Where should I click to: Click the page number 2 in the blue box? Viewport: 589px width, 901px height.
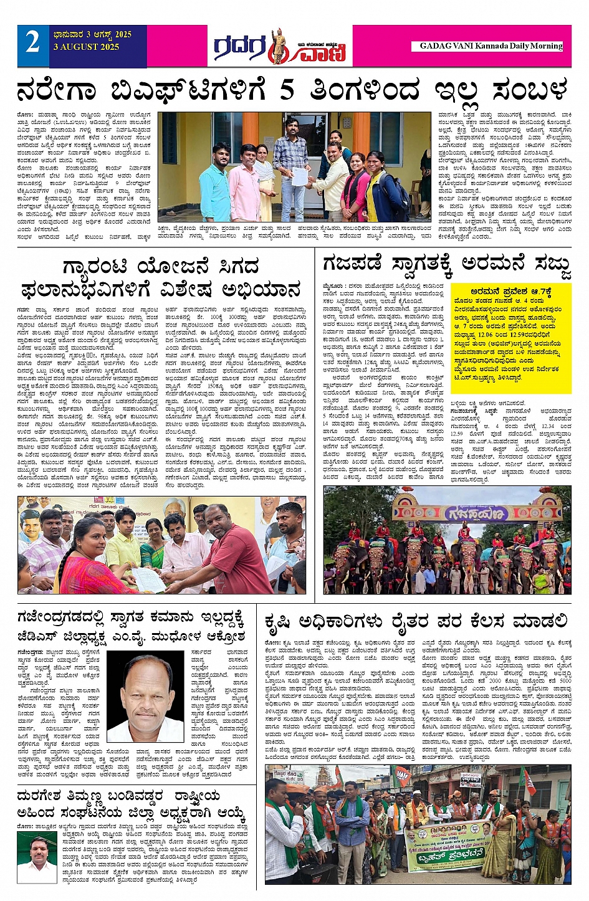click(x=33, y=43)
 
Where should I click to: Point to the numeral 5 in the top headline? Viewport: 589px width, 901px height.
click(x=287, y=90)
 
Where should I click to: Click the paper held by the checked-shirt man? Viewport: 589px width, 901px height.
click(x=300, y=176)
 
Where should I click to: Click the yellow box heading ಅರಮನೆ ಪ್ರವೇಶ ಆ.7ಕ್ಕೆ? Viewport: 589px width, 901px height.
click(x=510, y=291)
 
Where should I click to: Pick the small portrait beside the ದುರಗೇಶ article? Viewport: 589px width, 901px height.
click(x=37, y=859)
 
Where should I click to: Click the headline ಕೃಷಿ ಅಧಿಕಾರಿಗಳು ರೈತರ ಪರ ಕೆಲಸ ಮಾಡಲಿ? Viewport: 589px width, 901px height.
click(x=416, y=621)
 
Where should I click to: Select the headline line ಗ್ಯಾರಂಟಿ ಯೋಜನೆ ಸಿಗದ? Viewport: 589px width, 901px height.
click(x=160, y=268)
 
